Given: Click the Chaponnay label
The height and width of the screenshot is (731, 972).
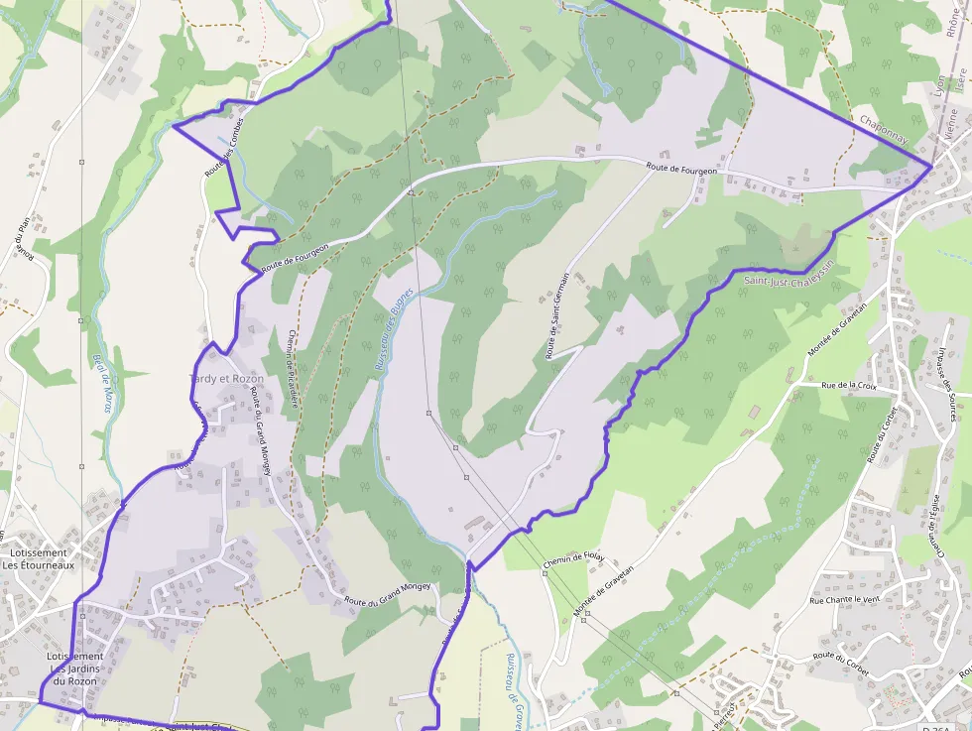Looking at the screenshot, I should tap(884, 132).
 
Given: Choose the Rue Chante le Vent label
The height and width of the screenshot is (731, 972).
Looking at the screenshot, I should tap(844, 600).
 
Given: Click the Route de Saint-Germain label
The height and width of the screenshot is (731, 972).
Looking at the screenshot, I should tap(557, 316).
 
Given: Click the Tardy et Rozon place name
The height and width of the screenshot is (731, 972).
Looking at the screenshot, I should tap(227, 379).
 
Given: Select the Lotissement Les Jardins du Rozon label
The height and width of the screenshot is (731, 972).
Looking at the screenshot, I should tap(75, 669).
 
